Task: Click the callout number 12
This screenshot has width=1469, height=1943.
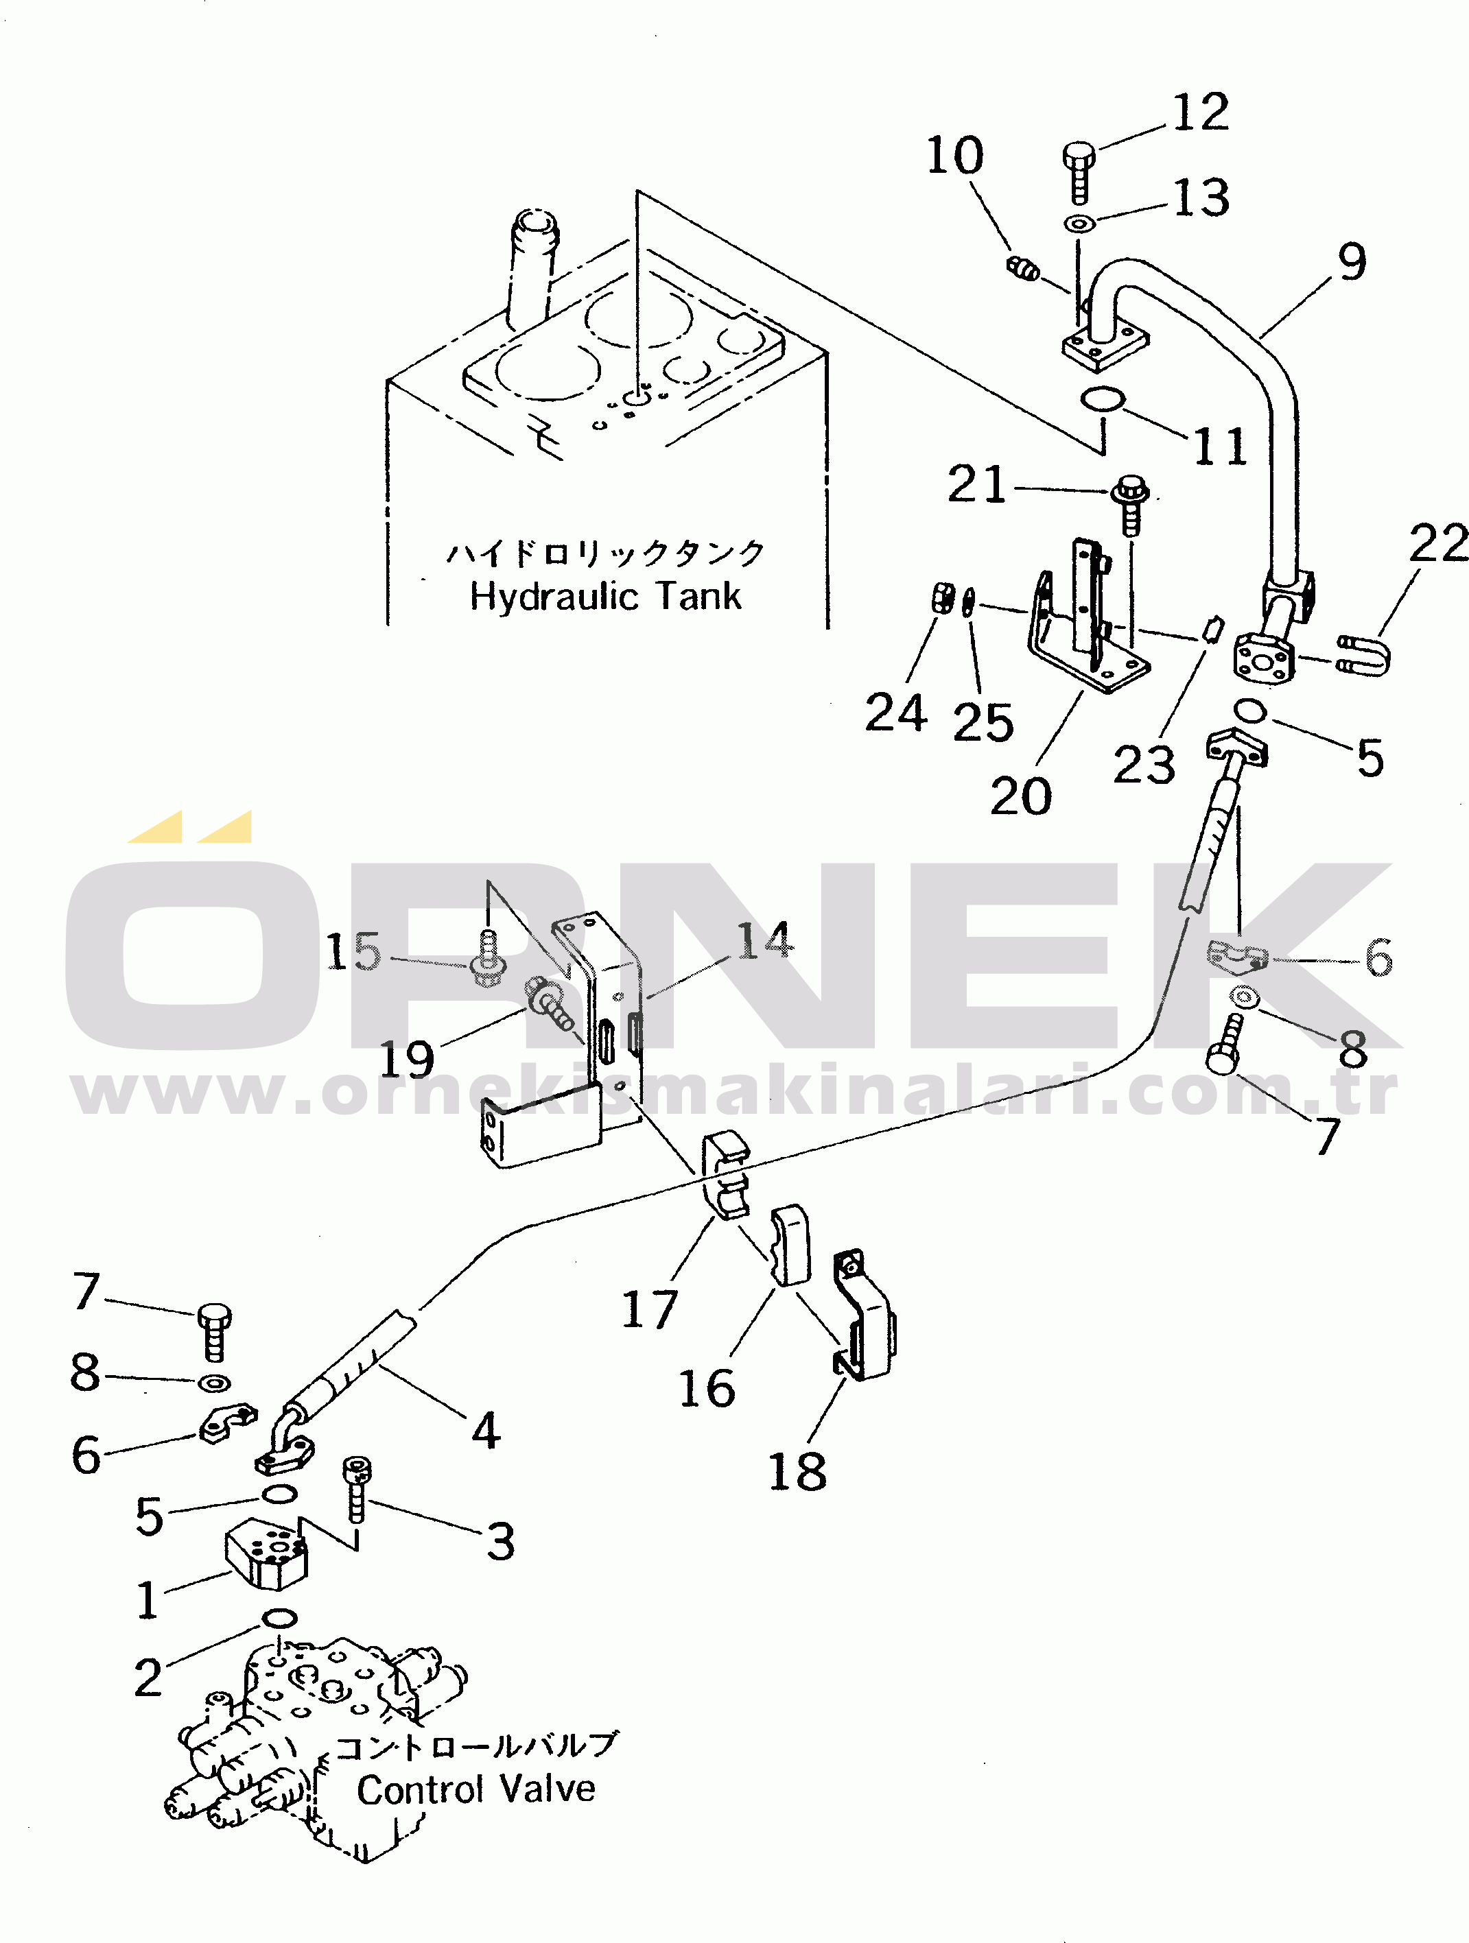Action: click(1201, 112)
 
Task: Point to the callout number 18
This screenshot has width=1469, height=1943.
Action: click(797, 1471)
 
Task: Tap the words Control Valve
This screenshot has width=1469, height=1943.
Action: click(476, 1789)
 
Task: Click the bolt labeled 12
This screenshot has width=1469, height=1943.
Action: click(1079, 171)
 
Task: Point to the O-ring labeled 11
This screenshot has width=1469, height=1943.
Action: click(1103, 400)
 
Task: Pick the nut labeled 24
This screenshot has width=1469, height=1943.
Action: click(942, 598)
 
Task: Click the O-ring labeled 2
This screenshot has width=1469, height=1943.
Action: click(279, 1617)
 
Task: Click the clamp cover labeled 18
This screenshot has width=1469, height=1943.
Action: click(865, 1315)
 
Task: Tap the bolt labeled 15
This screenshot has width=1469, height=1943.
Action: click(489, 960)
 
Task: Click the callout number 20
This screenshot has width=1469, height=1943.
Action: click(1021, 797)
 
